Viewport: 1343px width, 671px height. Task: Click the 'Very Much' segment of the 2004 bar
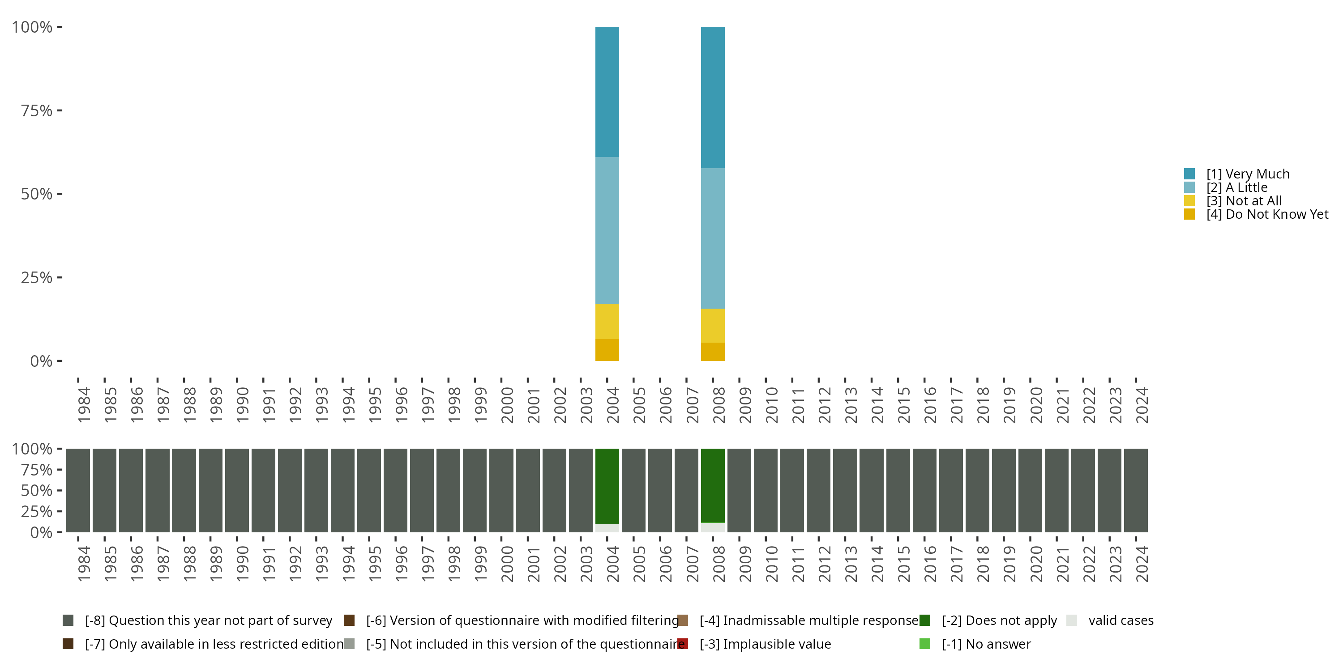point(607,92)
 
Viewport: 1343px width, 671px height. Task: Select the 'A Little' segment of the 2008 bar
point(713,238)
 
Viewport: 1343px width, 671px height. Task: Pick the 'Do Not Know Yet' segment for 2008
point(713,352)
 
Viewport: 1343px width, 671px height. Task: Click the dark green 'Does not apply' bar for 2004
point(607,485)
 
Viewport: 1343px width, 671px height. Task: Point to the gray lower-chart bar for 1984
point(78,490)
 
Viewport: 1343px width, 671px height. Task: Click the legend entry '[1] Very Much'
point(1247,174)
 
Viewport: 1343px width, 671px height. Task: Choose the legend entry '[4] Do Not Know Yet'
point(1267,214)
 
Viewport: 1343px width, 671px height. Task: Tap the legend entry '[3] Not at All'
point(1244,200)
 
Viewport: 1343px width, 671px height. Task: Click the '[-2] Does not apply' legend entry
point(999,620)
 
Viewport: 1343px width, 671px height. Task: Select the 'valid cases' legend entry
point(1121,620)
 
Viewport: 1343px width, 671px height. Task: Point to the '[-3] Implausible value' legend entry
point(765,644)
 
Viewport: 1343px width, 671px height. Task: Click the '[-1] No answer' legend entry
point(986,644)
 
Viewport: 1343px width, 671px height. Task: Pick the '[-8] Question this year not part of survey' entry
point(208,620)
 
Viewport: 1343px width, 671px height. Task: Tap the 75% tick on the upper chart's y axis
point(37,110)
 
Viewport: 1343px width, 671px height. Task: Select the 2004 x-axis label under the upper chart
point(612,405)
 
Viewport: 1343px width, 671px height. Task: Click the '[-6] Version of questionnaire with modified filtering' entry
point(522,620)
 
